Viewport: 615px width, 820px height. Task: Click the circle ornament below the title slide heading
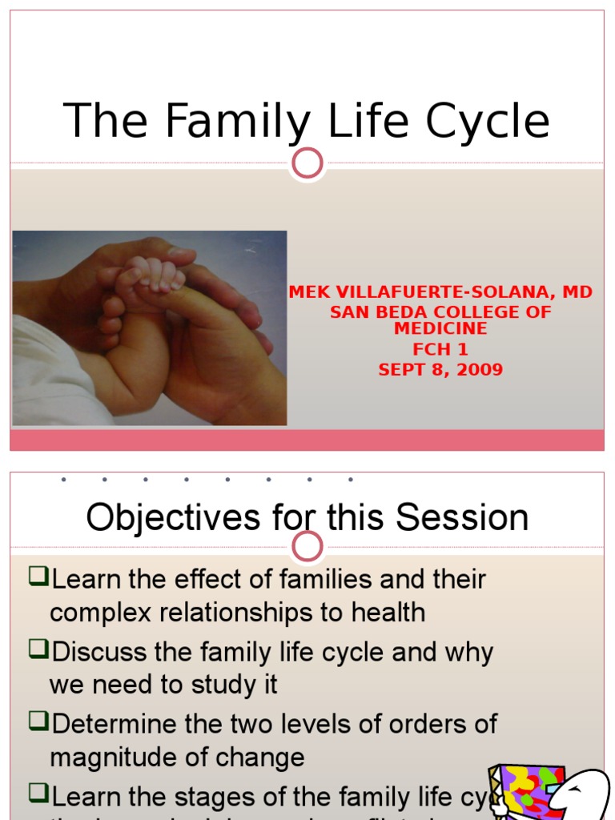[307, 163]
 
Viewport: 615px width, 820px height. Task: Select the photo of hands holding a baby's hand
[150, 328]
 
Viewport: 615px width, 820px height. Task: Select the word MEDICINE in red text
[440, 329]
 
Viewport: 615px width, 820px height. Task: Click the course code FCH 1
[440, 350]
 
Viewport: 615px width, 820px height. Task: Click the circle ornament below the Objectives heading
[307, 548]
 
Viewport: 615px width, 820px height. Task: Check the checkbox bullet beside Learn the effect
[38, 577]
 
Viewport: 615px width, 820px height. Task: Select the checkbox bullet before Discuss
[38, 649]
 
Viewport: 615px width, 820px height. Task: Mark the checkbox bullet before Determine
[38, 722]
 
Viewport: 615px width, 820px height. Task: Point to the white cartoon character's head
[581, 793]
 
